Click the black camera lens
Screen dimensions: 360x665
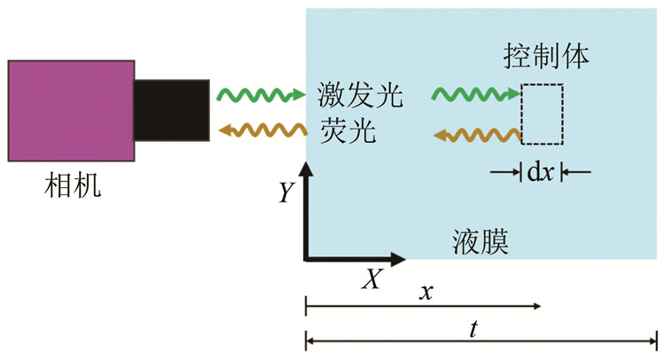[172, 110]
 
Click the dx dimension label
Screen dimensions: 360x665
[542, 171]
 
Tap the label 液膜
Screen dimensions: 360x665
[479, 240]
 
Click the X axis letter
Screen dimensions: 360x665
[372, 280]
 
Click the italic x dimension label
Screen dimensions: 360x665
[426, 292]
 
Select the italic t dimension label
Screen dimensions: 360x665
[474, 327]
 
